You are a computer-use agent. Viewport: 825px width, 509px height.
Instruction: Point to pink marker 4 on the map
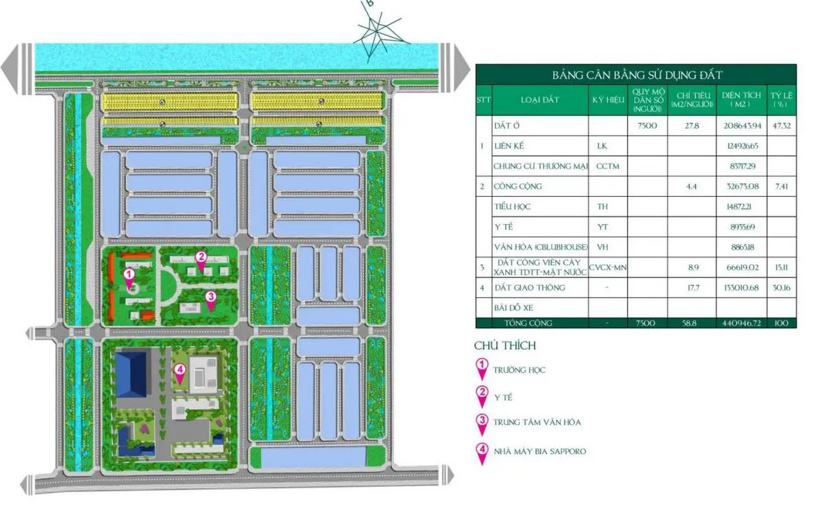180,372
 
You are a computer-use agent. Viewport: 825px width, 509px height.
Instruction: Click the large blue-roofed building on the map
131,373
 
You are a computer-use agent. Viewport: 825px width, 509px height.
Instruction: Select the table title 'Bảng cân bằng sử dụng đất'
636,75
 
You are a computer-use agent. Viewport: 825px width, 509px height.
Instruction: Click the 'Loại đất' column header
539,100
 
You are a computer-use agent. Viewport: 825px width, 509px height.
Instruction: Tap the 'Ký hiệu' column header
607,100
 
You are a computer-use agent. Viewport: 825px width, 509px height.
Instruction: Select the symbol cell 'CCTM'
607,166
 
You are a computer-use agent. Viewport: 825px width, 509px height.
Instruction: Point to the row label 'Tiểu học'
512,207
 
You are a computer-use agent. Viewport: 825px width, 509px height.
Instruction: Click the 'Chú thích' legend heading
505,346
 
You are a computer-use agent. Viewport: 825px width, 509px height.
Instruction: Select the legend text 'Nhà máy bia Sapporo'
540,451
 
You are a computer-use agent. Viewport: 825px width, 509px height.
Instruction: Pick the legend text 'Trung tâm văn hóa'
538,422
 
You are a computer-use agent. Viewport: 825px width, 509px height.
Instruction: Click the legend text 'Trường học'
520,370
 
